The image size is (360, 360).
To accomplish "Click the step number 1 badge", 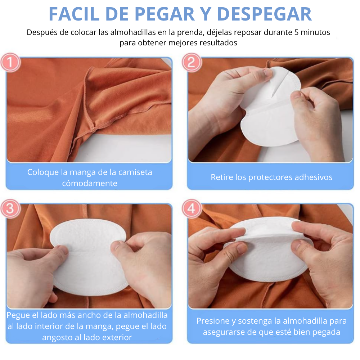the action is pos(10,62).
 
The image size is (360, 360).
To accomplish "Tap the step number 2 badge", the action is pos(192,62).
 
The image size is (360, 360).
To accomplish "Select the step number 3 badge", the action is pos(10,208).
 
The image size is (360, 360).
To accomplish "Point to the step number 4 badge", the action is pos(192,208).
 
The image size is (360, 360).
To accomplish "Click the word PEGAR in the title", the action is pos(165,14).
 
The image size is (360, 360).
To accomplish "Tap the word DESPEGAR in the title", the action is pos(264,14).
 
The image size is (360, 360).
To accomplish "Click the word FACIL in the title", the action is pos(74,14).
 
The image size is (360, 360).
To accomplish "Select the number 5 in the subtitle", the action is pos(296,32).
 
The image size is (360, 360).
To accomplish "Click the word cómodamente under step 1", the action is pos(90,183).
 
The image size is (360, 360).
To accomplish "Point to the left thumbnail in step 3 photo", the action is pos(62,249).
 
